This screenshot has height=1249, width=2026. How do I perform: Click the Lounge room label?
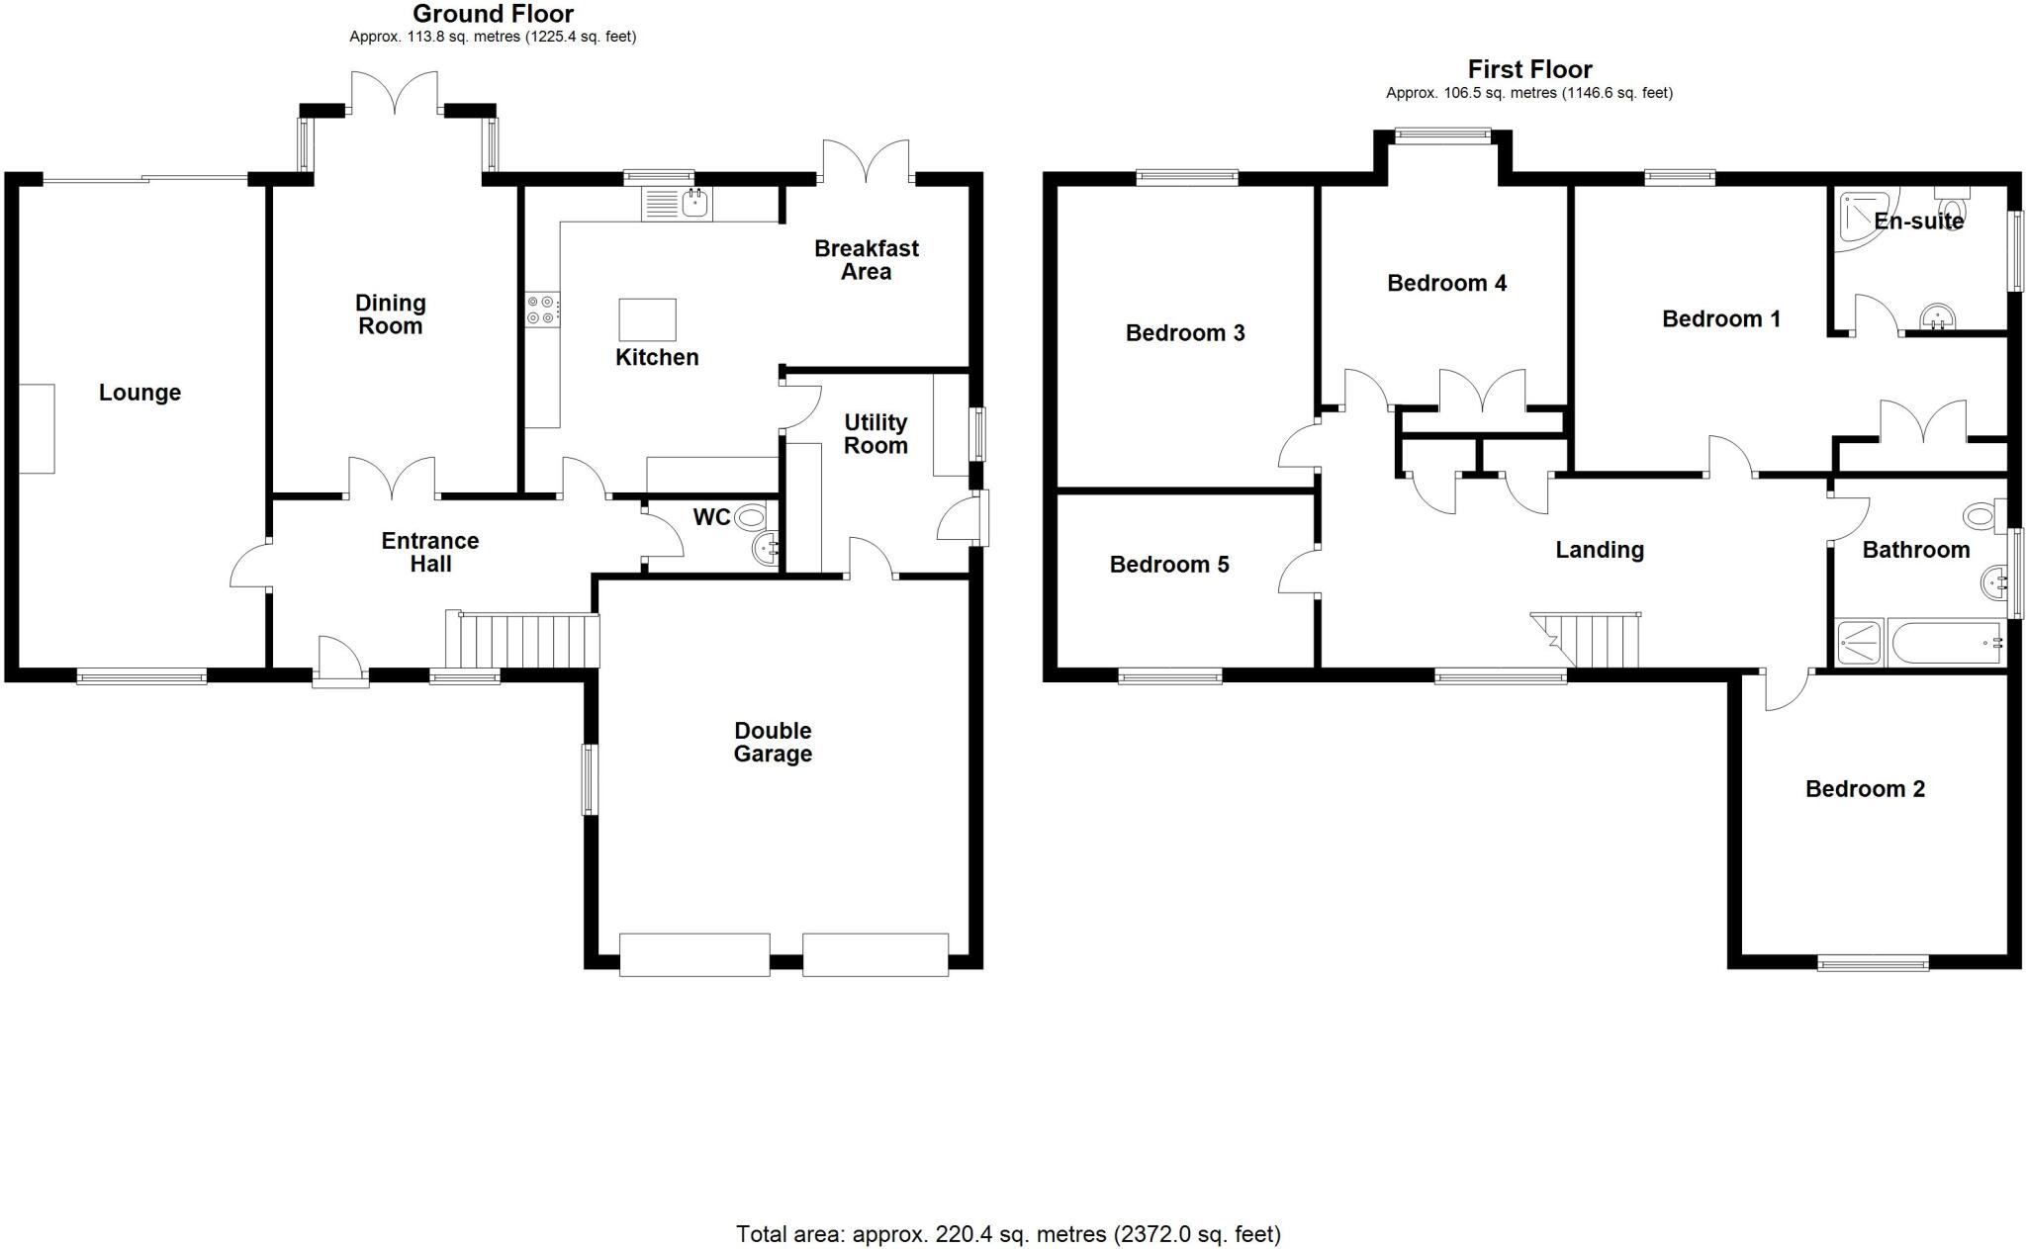pos(139,393)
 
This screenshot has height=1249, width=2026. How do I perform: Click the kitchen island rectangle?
pos(647,319)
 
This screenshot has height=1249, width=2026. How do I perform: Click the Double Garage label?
pos(773,742)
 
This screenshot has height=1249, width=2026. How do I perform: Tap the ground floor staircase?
pos(522,641)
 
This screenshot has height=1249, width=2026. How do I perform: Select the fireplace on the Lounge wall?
pos(37,428)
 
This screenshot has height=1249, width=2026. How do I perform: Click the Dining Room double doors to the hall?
pos(392,479)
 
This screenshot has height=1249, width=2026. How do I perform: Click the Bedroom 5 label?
pos(1169,565)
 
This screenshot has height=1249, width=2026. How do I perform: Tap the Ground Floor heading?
pos(493,14)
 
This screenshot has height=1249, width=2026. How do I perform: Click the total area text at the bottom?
pos(1008,1234)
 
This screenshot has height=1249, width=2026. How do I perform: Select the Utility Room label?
pos(875,434)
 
